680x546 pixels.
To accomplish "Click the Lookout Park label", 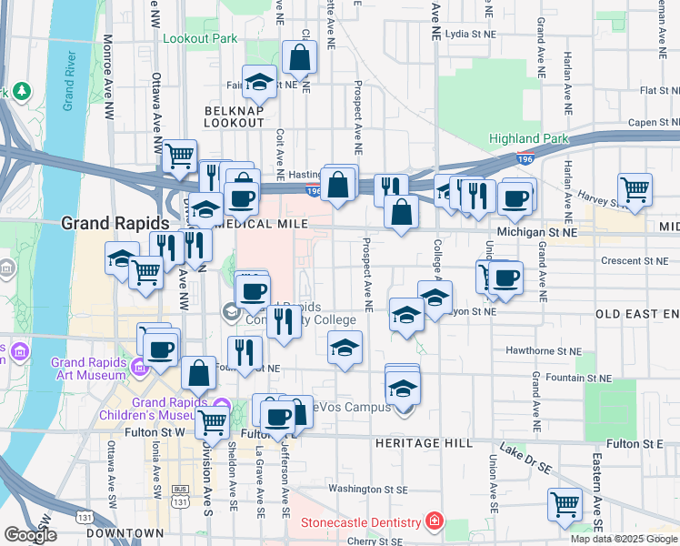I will (x=199, y=38).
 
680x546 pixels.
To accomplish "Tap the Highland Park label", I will (x=528, y=139).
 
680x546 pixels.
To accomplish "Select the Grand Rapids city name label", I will (x=115, y=223).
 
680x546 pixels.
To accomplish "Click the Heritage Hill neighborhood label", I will (x=423, y=443).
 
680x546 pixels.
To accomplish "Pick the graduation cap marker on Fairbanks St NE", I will (x=259, y=82).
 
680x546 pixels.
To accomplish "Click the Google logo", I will (x=30, y=535).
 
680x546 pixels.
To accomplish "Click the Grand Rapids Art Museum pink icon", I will (x=139, y=368).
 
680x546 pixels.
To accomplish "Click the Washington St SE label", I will (x=366, y=489).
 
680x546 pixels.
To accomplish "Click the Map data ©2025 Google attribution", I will (x=623, y=539).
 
